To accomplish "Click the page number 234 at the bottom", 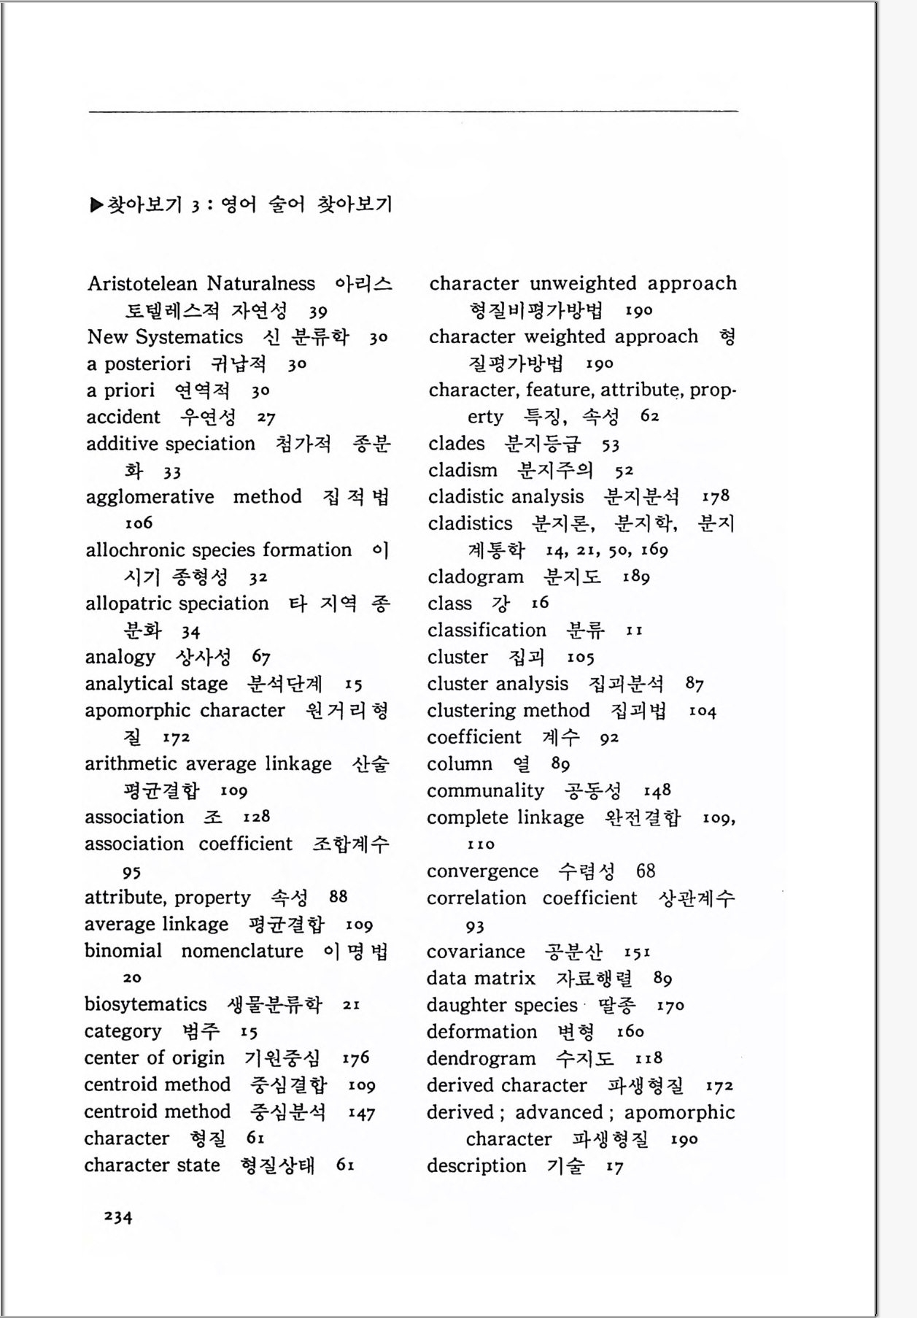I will tap(118, 1217).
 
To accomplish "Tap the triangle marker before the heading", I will tap(96, 205).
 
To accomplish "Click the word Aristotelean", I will tap(142, 283).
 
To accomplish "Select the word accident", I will tap(123, 417).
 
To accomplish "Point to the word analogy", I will tap(120, 657).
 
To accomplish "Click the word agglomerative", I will tap(150, 497).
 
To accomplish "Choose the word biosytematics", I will tap(145, 1004).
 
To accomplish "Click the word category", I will tap(123, 1031).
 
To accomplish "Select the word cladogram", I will tap(476, 577).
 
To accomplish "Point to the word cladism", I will tap(463, 470).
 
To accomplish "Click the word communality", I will tap(485, 790).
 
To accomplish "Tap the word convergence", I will tap(482, 871).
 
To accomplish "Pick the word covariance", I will tap(476, 952).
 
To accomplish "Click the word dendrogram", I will tap(481, 1058).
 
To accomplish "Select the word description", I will tap(476, 1165).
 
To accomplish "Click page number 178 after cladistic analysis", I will tap(715, 496).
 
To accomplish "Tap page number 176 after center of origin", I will tap(355, 1057).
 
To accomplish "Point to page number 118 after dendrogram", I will tap(648, 1058).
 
